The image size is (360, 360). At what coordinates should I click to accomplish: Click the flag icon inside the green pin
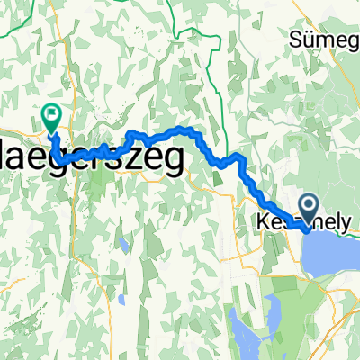[51, 113]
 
